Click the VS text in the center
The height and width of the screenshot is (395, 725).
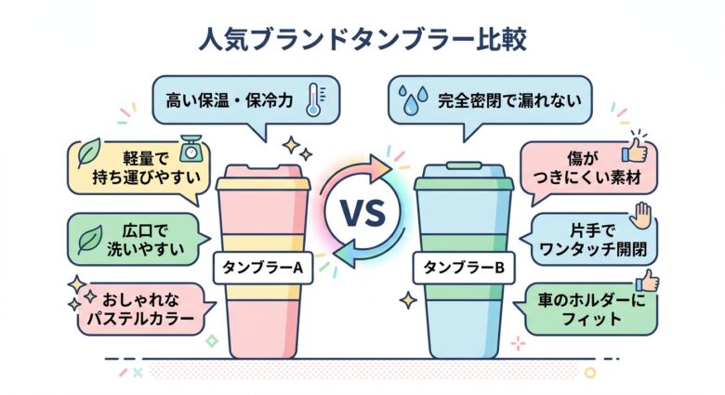(x=361, y=214)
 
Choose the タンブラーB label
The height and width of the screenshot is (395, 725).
(x=462, y=268)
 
